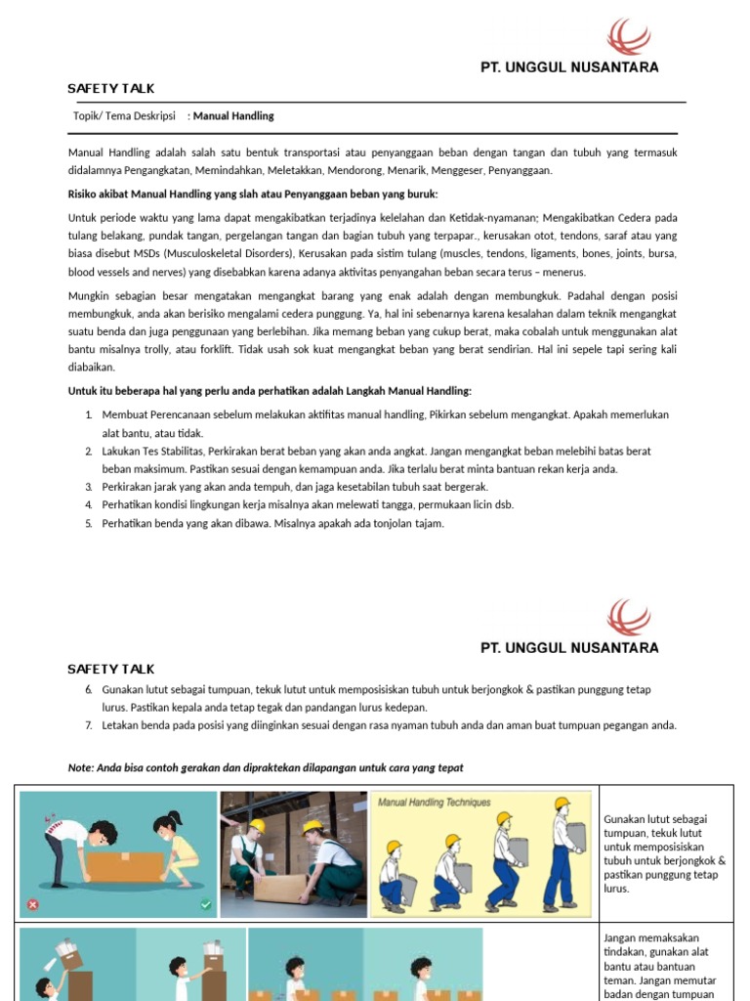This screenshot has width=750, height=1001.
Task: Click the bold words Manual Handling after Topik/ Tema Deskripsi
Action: (x=233, y=115)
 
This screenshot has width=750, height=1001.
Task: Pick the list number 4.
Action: (x=88, y=504)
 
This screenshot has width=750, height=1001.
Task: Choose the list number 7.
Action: (x=88, y=725)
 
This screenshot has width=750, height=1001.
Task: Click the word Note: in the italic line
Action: (x=81, y=767)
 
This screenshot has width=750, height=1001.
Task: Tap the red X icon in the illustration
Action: (x=33, y=904)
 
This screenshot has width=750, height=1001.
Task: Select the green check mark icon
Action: (x=205, y=904)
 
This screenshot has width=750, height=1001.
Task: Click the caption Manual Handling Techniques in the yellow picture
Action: (x=435, y=802)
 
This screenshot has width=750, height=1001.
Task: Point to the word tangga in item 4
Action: (x=396, y=504)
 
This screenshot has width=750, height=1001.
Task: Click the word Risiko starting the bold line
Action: (x=85, y=193)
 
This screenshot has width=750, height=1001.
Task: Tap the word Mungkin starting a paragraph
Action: (x=89, y=295)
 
